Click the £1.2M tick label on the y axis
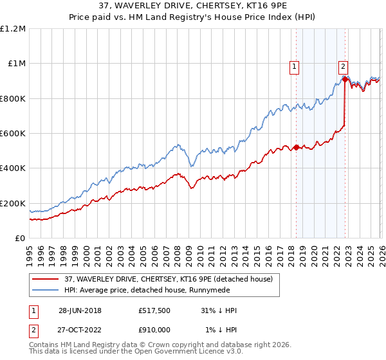13,29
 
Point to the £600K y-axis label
13,134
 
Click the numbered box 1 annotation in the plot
295,65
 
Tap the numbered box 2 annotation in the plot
344,65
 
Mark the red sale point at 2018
296,147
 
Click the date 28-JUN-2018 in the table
80,310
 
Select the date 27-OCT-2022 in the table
80,329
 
